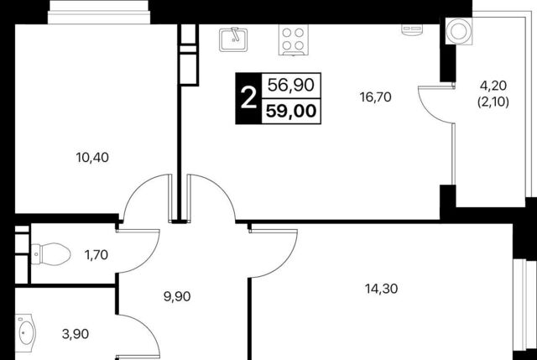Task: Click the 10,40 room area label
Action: pyautogui.click(x=92, y=158)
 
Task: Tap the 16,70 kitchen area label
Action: pyautogui.click(x=375, y=97)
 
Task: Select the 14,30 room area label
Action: pyautogui.click(x=382, y=290)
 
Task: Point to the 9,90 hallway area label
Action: pyautogui.click(x=177, y=296)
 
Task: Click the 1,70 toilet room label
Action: pyautogui.click(x=96, y=255)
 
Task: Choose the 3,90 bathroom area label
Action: pyautogui.click(x=76, y=334)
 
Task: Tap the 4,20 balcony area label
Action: pyautogui.click(x=493, y=86)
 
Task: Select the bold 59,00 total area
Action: pyautogui.click(x=291, y=112)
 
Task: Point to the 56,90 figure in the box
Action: pyautogui.click(x=291, y=85)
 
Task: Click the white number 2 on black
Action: pyautogui.click(x=248, y=98)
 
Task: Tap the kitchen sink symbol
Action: pyautogui.click(x=233, y=39)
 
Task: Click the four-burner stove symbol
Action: pyautogui.click(x=293, y=39)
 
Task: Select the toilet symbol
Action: pyautogui.click(x=50, y=253)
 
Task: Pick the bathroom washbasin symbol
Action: pyautogui.click(x=26, y=333)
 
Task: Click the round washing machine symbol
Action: pyautogui.click(x=459, y=31)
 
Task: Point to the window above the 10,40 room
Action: pyautogui.click(x=99, y=13)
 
